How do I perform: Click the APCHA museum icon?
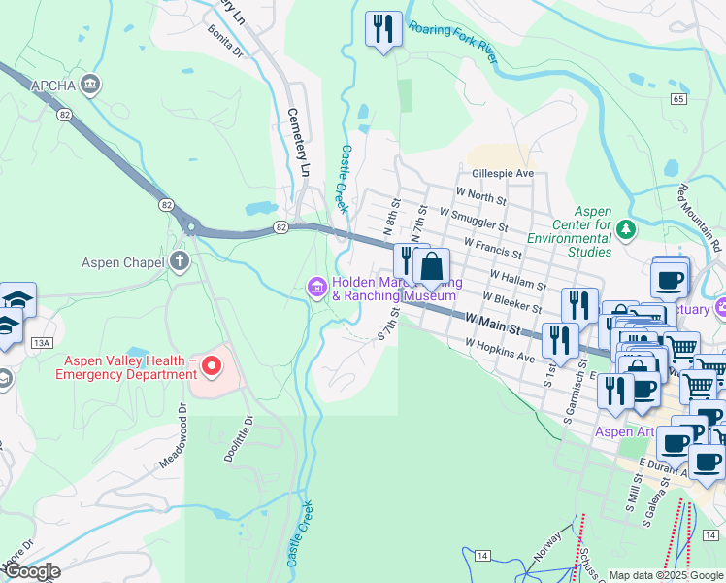tap(92, 85)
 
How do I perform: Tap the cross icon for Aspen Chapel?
tap(180, 261)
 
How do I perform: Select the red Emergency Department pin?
tap(209, 367)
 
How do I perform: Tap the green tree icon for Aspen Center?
tap(626, 229)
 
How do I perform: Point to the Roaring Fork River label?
tap(453, 39)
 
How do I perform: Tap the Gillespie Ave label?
tap(503, 173)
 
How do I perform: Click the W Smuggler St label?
tap(474, 219)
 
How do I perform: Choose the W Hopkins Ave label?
tap(500, 351)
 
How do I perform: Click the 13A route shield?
tap(41, 343)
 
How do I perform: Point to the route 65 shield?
tap(677, 99)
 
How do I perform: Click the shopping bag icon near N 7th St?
tap(431, 265)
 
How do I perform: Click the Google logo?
tap(31, 571)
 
